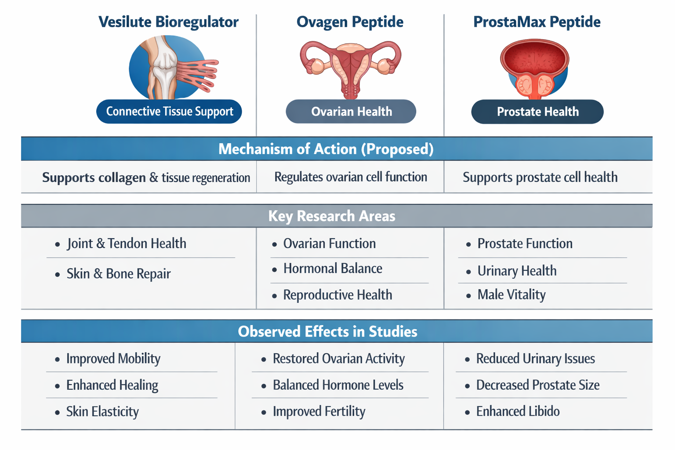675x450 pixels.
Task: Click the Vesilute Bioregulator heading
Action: pyautogui.click(x=168, y=22)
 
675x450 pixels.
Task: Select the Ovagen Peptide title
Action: pyautogui.click(x=350, y=22)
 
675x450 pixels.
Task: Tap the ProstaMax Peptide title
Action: pyautogui.click(x=537, y=22)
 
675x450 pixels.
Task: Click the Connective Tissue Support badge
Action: pyautogui.click(x=169, y=112)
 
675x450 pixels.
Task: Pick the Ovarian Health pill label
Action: pyautogui.click(x=351, y=112)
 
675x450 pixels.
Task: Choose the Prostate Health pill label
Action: pyautogui.click(x=537, y=112)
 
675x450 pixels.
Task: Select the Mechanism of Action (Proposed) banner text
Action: pyautogui.click(x=326, y=149)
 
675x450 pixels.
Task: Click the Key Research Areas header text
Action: pyautogui.click(x=332, y=216)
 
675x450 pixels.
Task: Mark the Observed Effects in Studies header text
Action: pyautogui.click(x=327, y=331)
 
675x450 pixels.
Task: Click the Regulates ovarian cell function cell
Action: pyautogui.click(x=350, y=177)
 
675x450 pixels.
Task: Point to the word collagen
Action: pyautogui.click(x=122, y=178)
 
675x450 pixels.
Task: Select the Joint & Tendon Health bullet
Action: pyautogui.click(x=126, y=243)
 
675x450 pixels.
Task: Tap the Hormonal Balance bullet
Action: pyautogui.click(x=332, y=269)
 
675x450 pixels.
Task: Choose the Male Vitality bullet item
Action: pyautogui.click(x=511, y=294)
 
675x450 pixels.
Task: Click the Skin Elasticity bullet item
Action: pyautogui.click(x=102, y=412)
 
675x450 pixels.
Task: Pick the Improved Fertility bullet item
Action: pyautogui.click(x=319, y=412)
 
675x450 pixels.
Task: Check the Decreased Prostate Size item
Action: pyautogui.click(x=537, y=385)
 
